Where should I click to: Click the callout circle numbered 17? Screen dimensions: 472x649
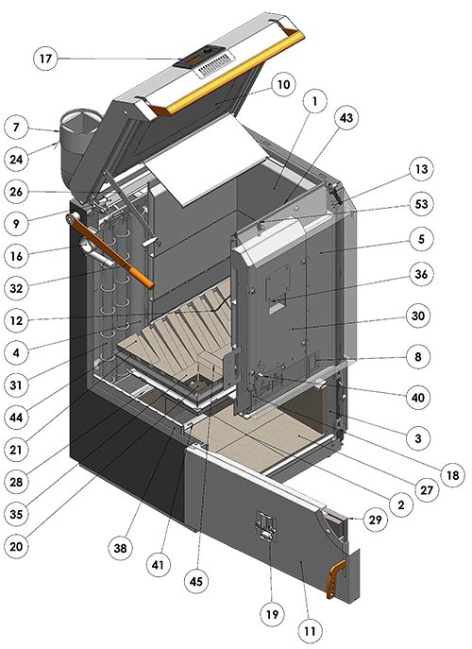click(45, 59)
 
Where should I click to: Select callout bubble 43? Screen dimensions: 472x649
click(346, 117)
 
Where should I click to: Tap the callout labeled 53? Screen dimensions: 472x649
click(421, 204)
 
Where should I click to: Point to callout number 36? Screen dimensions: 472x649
click(421, 274)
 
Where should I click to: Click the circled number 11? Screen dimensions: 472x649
click(310, 631)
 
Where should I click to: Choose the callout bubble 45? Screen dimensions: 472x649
click(196, 581)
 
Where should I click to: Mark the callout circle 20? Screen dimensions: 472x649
click(16, 546)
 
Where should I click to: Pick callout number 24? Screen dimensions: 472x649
click(16, 159)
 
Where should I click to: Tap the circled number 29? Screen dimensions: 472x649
click(375, 519)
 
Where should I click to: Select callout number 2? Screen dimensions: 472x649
click(400, 504)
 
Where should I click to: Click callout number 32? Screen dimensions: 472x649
click(16, 288)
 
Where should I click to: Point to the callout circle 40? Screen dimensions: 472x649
click(418, 398)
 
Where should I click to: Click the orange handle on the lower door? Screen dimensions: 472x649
click(335, 579)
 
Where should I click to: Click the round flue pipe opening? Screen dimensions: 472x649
click(81, 121)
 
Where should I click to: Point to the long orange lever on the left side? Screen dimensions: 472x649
click(110, 250)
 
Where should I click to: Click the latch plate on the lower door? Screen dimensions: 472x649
click(265, 526)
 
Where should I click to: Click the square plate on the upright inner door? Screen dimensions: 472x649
click(278, 283)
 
